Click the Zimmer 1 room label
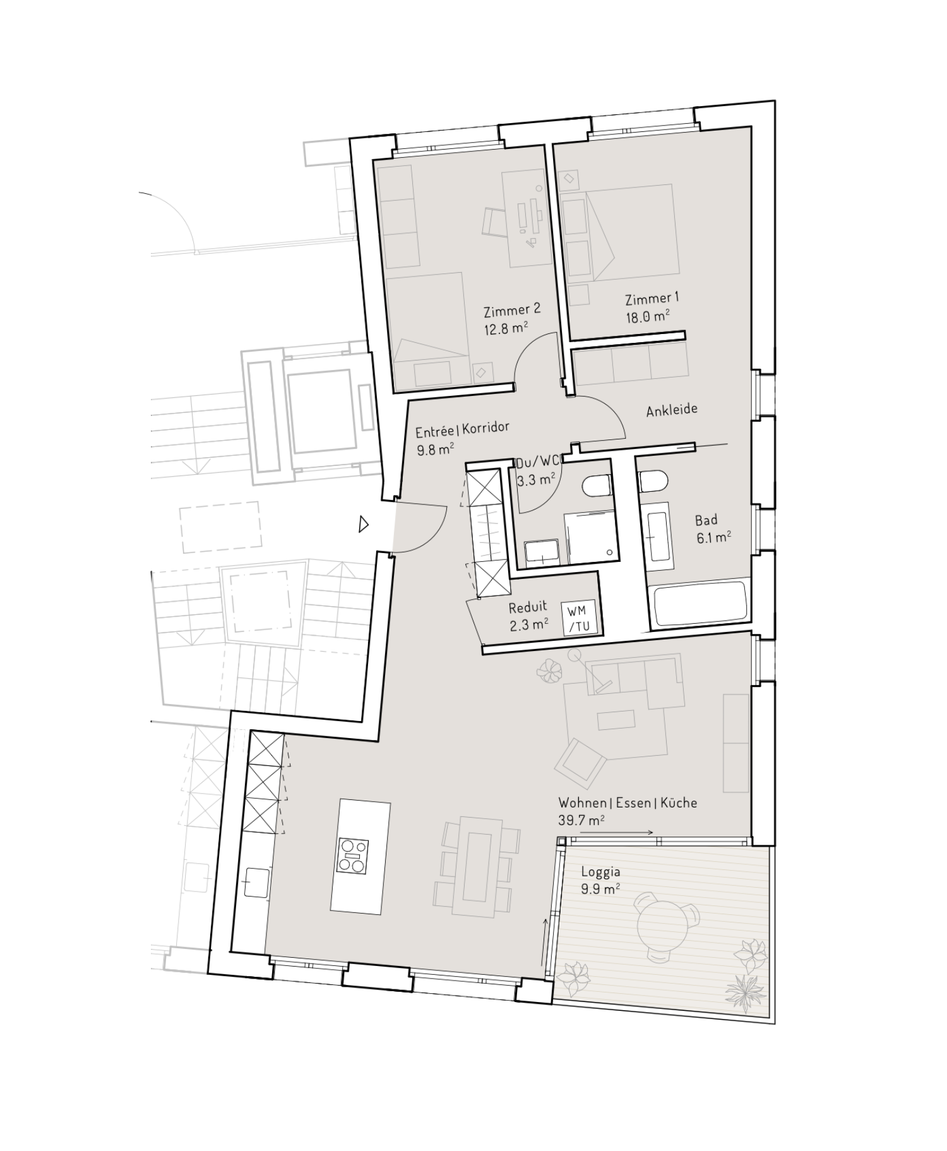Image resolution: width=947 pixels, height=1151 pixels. coord(652,299)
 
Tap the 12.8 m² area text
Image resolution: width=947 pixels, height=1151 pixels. coord(505,328)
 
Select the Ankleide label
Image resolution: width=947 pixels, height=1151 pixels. coord(672,410)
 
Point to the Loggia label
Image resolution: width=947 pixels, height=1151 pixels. coord(600,872)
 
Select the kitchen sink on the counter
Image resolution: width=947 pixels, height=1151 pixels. coord(257,882)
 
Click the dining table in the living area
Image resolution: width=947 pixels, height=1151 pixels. coord(481,867)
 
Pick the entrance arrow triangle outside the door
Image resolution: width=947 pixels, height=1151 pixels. coord(363,524)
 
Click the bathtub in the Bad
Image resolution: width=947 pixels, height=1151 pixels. coord(700,604)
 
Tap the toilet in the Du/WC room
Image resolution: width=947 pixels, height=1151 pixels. coord(596,486)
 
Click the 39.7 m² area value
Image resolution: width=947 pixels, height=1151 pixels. coord(581,821)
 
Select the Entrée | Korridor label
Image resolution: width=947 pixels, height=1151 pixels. coord(462,429)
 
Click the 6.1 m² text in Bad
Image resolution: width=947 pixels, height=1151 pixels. coord(713,537)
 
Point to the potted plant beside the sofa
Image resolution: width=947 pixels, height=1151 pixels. coord(550,671)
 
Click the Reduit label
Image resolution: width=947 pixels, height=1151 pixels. coord(528,607)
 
